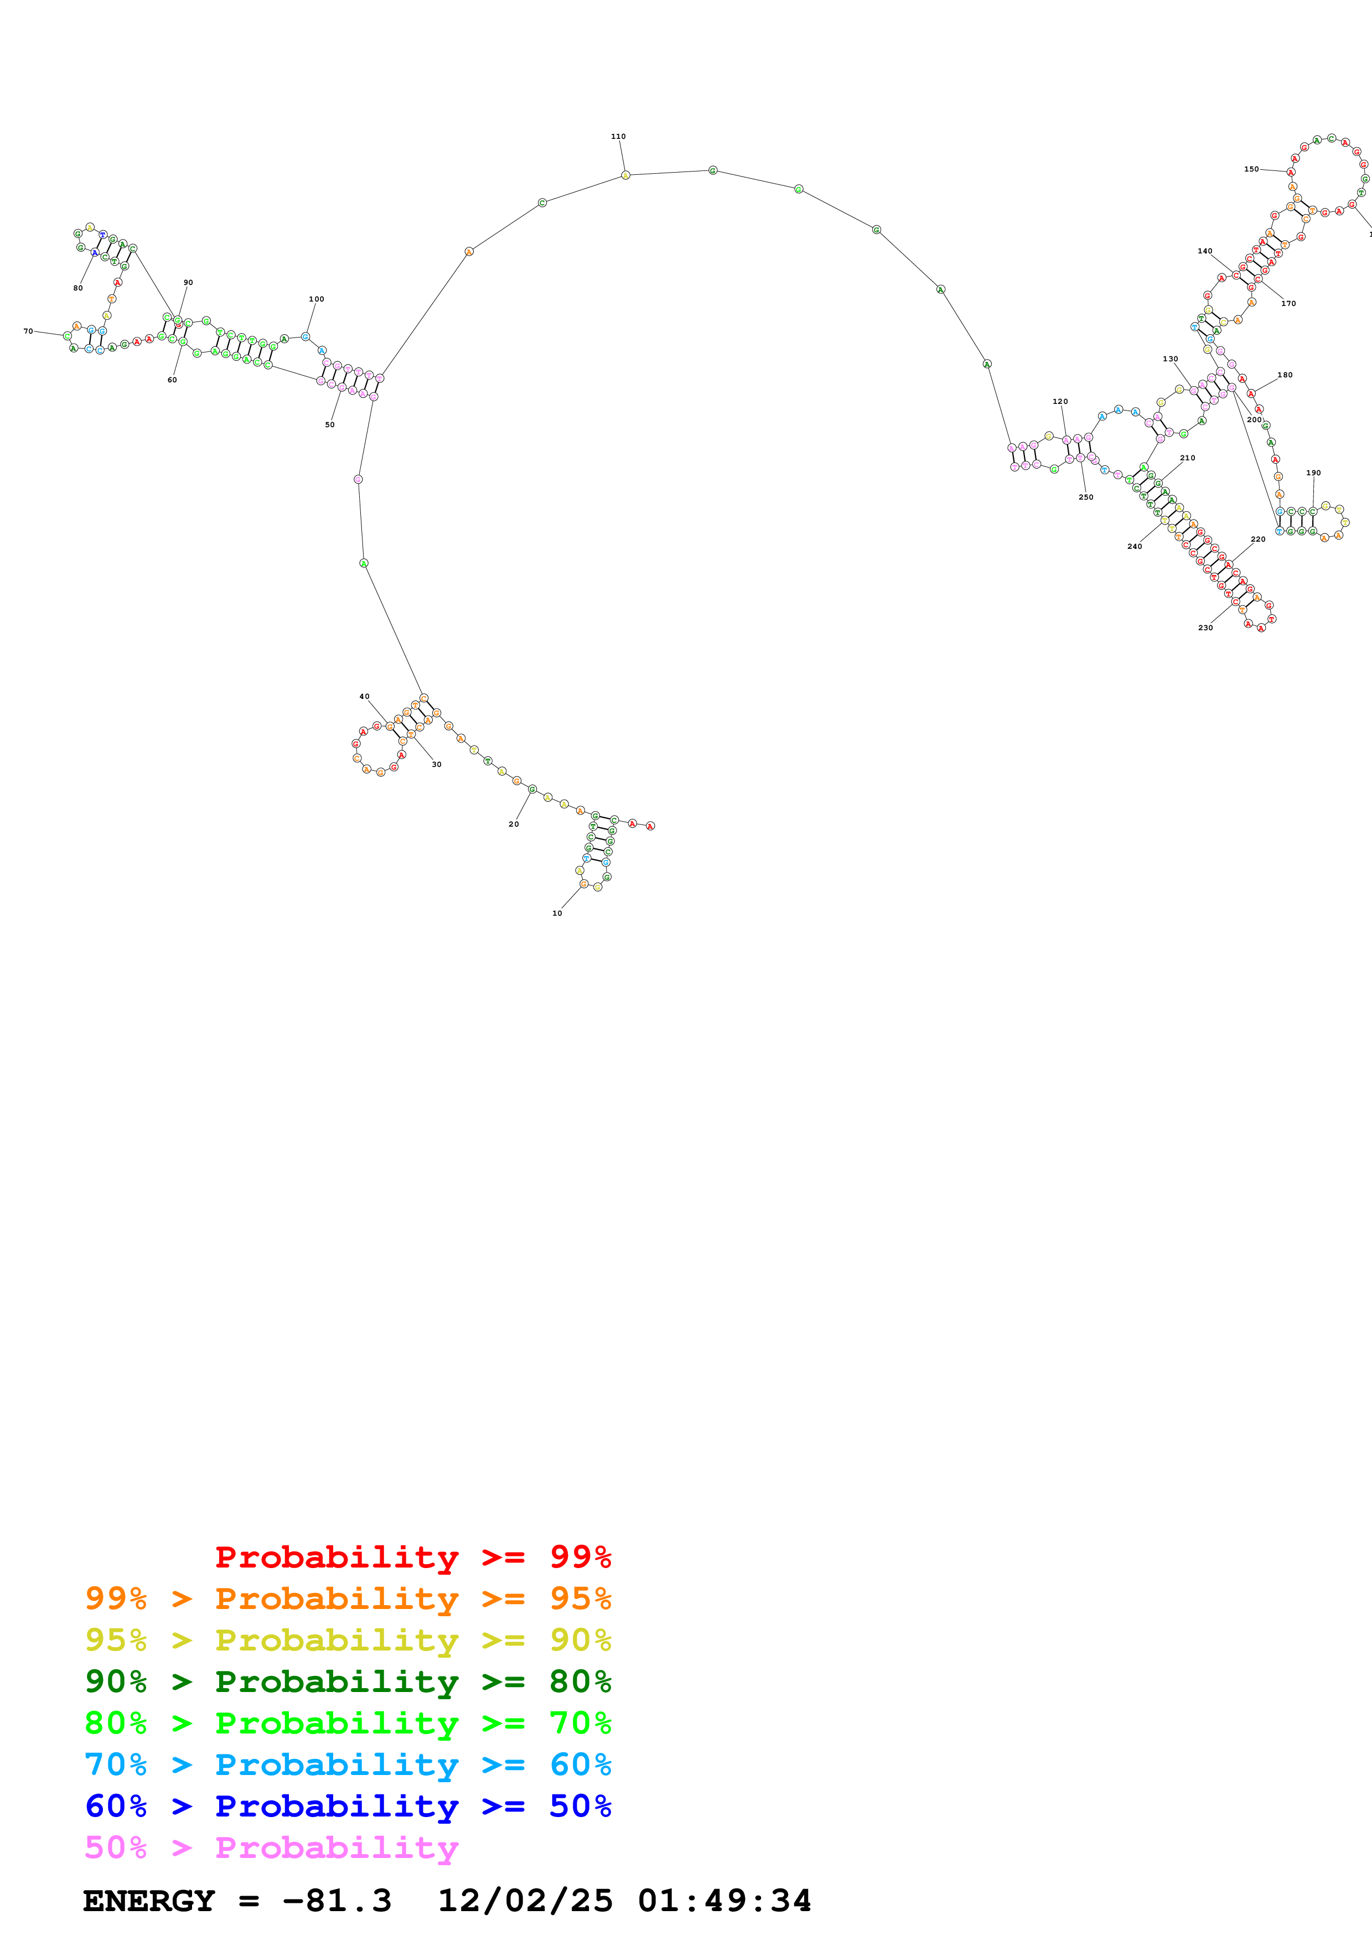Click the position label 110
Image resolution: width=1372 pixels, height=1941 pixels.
coord(618,136)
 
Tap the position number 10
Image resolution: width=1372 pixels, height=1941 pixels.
coord(557,913)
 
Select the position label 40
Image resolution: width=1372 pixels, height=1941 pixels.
coord(364,697)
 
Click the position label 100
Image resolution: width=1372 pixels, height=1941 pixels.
coord(316,299)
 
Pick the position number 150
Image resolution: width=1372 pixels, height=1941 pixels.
coord(1251,169)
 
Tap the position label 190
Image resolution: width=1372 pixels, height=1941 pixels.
coord(1313,474)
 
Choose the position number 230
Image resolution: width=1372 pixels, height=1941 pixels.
coord(1205,627)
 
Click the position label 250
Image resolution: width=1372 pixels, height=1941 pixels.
coord(1085,497)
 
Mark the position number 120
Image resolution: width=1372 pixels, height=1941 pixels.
coord(1060,402)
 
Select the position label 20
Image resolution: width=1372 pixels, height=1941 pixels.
coord(513,823)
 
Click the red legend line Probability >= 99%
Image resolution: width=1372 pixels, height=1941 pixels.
coord(412,1556)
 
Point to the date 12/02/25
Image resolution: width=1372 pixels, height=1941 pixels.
coord(524,1901)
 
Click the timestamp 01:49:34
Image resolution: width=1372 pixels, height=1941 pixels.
coord(724,1901)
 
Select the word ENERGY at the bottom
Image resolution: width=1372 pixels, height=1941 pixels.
coord(149,1901)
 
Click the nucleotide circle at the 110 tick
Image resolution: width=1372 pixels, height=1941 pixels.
coord(625,175)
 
